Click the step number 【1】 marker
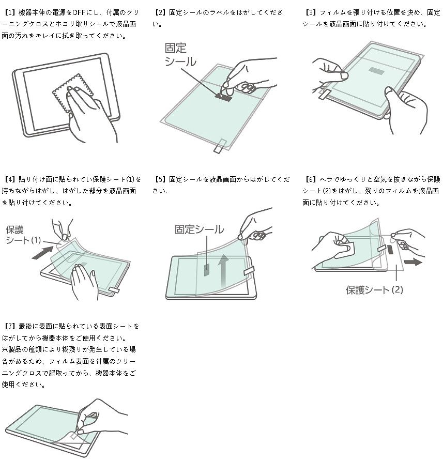tap(10, 11)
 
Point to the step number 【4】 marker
tap(10, 179)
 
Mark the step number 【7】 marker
tap(10, 327)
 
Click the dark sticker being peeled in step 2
tap(224, 96)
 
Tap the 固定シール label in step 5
tap(199, 229)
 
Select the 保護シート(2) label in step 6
tap(374, 289)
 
